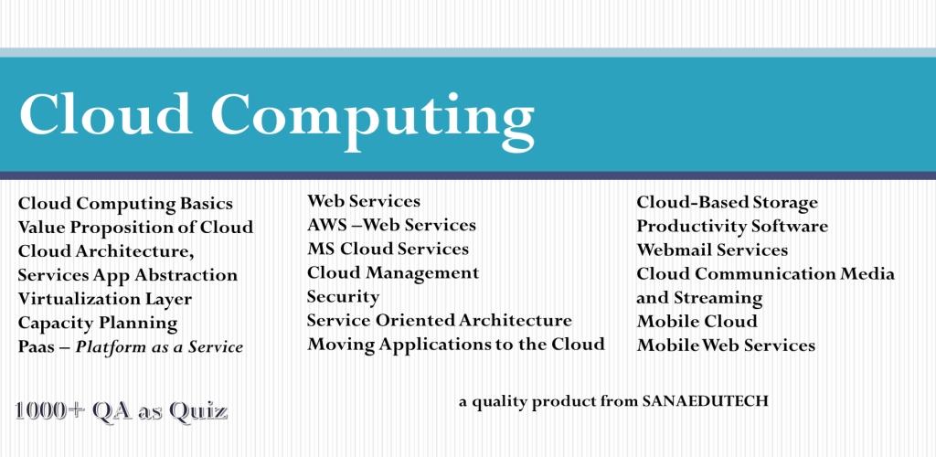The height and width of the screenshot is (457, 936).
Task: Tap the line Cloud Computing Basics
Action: [x=125, y=204]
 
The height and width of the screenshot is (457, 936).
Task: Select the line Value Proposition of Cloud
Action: [x=135, y=228]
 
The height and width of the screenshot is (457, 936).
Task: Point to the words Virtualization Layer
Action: [x=105, y=298]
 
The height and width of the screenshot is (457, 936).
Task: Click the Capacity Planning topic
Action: [x=98, y=323]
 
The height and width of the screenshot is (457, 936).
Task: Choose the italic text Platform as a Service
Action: [x=159, y=346]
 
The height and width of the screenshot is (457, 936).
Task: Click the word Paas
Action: [x=36, y=346]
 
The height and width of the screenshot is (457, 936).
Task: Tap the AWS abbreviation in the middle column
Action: [x=326, y=225]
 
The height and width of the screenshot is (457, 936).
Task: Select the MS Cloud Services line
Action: [x=388, y=249]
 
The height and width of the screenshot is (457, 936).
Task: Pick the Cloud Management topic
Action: [x=393, y=273]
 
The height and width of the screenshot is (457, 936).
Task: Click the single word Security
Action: [x=344, y=297]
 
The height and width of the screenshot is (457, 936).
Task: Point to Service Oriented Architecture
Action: [x=440, y=321]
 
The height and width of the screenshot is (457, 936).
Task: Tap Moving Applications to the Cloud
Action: [x=456, y=345]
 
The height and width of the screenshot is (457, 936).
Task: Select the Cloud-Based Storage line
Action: [x=727, y=203]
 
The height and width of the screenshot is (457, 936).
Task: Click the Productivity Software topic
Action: [x=732, y=227]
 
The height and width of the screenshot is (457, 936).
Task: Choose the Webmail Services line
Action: [x=712, y=250]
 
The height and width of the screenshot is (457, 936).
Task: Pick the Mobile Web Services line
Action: [x=726, y=345]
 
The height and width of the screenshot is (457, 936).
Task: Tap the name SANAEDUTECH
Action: [x=705, y=401]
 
